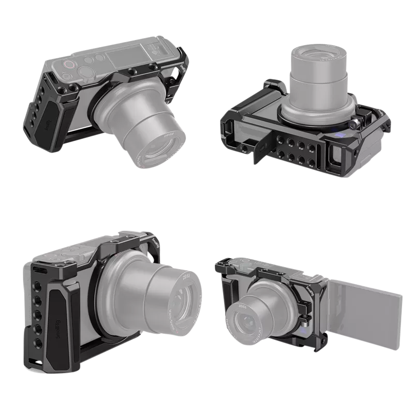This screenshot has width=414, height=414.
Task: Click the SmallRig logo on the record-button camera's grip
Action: (x=46, y=124)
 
